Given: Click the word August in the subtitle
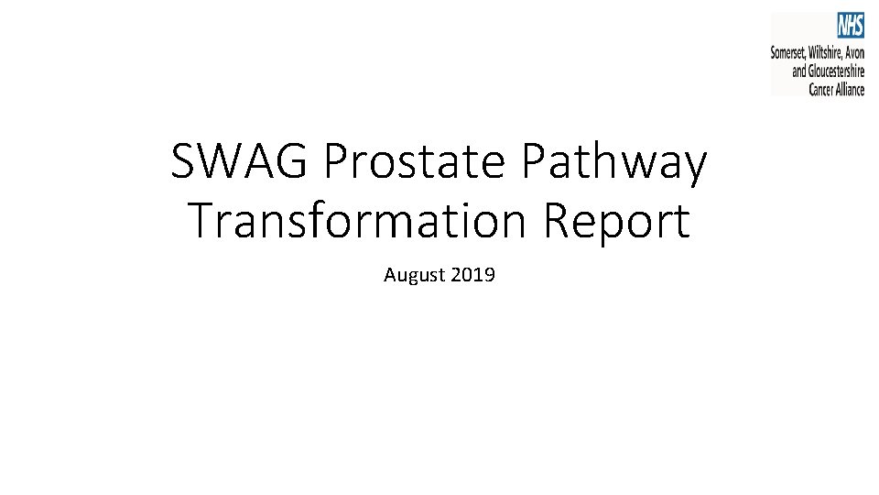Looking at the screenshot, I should coord(415,275).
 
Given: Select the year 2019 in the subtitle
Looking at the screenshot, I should coord(473,274).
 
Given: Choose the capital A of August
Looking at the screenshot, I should coord(389,274).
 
